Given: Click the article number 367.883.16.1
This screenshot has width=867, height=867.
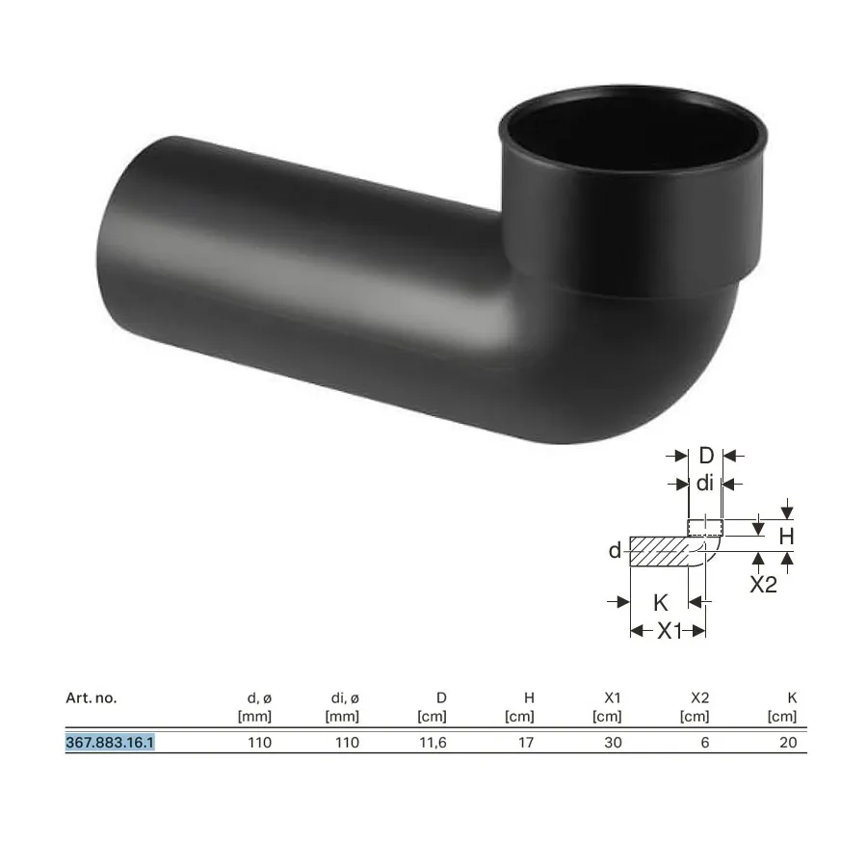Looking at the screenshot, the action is pyautogui.click(x=110, y=742).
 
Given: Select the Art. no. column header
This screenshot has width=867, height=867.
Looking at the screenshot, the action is pyautogui.click(x=92, y=697).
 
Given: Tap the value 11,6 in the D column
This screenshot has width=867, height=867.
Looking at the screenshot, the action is pyautogui.click(x=433, y=743).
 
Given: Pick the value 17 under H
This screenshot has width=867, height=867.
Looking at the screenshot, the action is pyautogui.click(x=526, y=742).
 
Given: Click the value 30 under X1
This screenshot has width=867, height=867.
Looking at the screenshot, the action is pyautogui.click(x=613, y=742).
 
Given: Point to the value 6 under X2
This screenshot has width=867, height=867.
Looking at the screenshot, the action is pyautogui.click(x=705, y=742).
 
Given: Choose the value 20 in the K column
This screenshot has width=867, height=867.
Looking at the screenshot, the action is pyautogui.click(x=788, y=742).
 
